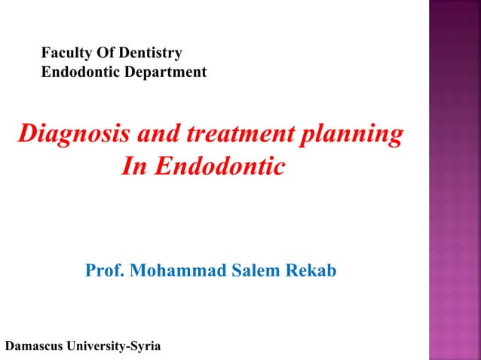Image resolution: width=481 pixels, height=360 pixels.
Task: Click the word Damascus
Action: tap(35, 346)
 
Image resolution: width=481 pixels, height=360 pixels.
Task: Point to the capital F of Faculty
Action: tap(45, 53)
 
